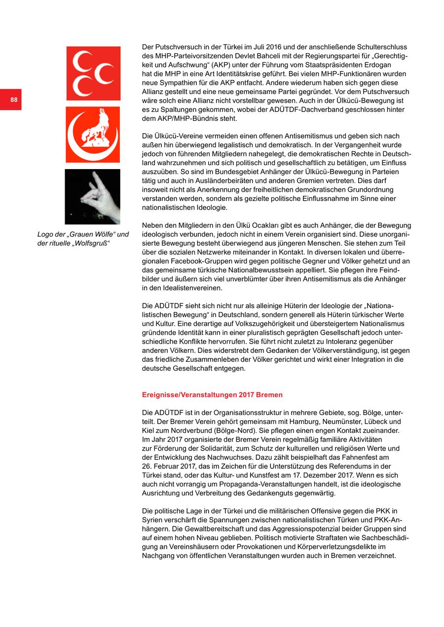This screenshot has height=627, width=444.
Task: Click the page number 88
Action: coord(14,100)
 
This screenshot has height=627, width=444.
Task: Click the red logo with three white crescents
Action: coord(93,73)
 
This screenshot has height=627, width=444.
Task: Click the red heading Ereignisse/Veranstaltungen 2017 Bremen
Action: coord(212,395)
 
